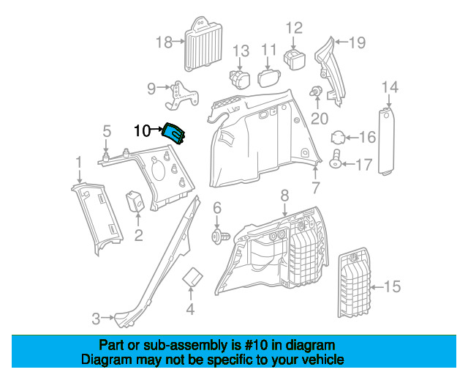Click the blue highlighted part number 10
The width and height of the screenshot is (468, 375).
(174, 134)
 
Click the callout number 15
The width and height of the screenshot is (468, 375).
(393, 286)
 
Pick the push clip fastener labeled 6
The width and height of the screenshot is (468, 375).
(218, 236)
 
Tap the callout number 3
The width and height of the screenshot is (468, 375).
(95, 319)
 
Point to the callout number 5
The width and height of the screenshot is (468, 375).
(106, 132)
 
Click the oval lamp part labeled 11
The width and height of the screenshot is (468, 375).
(270, 78)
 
